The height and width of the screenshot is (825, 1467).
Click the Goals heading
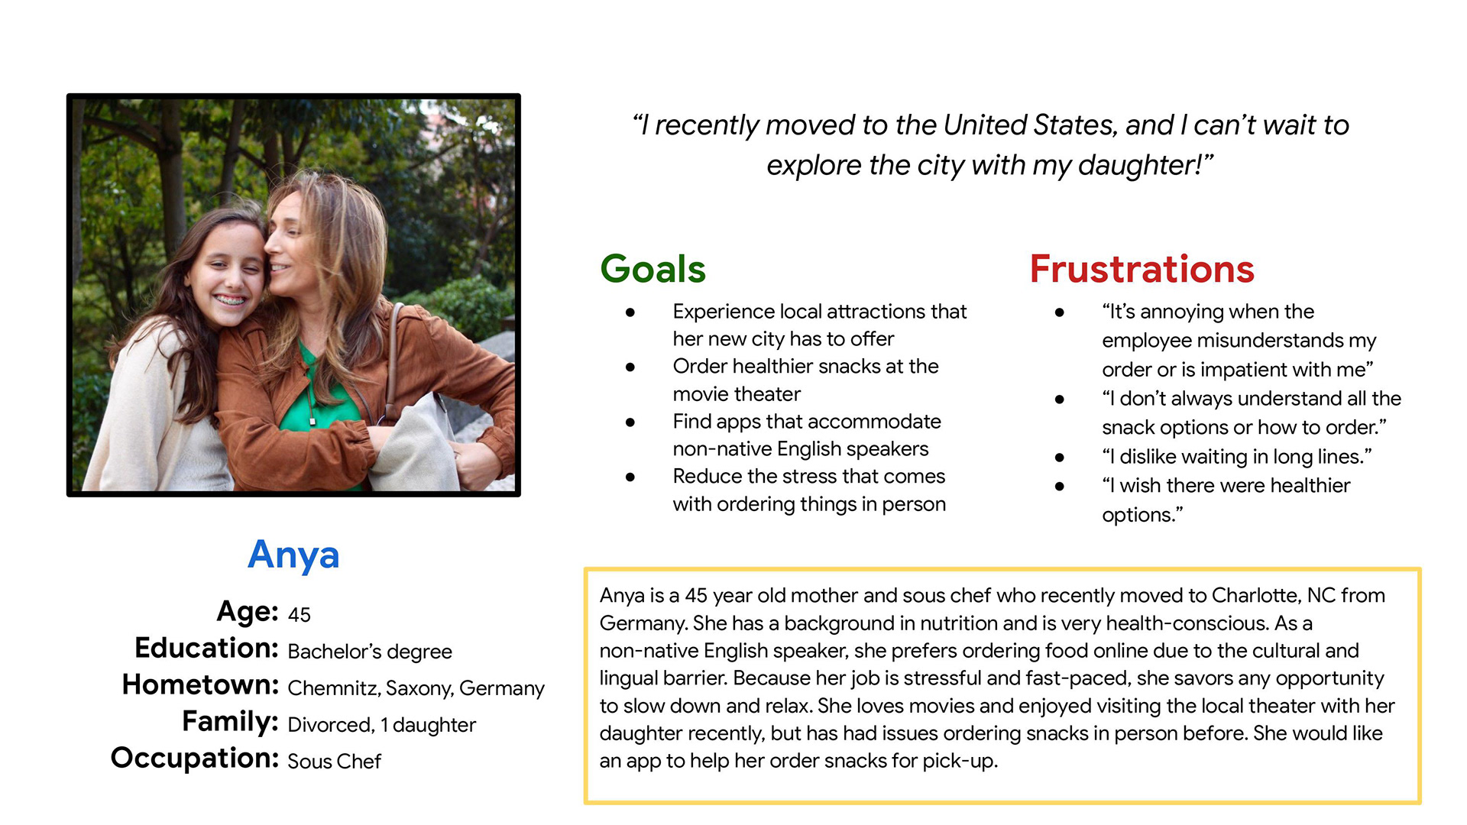pos(653,269)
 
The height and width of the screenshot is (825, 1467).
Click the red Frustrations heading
pos(1142,269)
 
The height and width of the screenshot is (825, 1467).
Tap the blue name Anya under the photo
pos(293,555)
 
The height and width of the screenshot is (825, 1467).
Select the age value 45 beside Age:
pos(299,615)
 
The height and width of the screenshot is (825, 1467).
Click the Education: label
pos(206,648)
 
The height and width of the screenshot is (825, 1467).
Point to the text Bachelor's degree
pos(370,652)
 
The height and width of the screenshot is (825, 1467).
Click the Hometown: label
pos(200,684)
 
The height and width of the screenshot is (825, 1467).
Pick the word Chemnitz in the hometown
pos(333,688)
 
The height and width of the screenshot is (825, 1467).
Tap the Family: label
pos(230,722)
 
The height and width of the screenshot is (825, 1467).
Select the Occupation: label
pos(195,758)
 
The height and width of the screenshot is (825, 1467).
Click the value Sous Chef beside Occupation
pos(334,762)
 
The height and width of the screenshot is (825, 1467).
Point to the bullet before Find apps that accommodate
pos(630,422)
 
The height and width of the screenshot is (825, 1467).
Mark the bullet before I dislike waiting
pos(1060,458)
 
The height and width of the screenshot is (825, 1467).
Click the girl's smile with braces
pos(230,300)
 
